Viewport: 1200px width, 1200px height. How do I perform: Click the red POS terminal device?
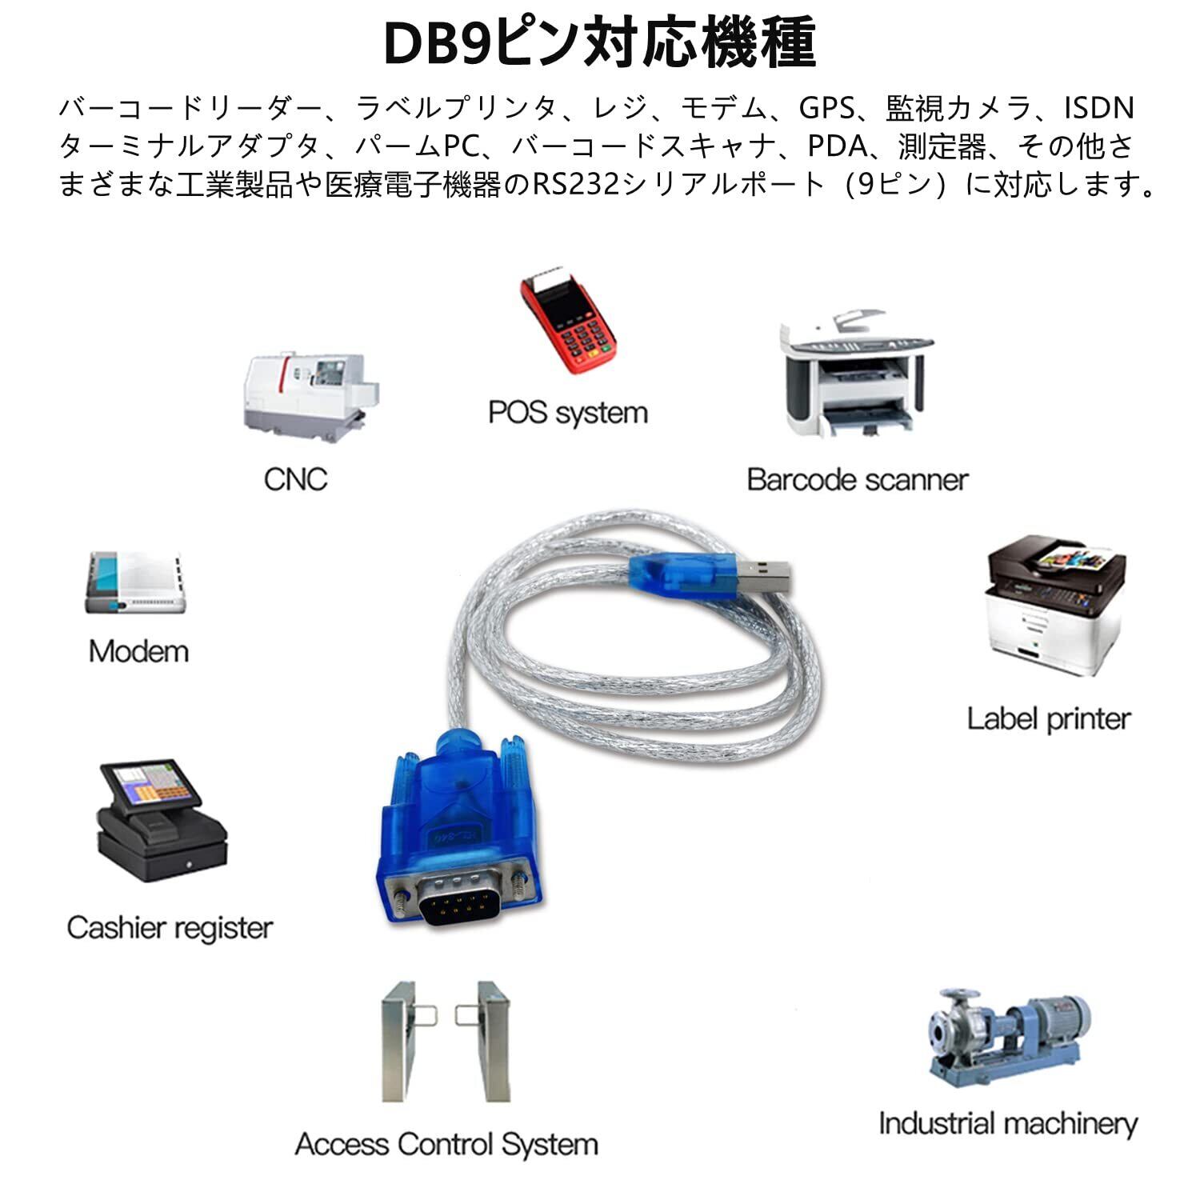pos(568,324)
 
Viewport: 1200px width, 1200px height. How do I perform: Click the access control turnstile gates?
pos(446,1040)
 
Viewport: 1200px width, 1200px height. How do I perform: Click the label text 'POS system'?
pos(568,413)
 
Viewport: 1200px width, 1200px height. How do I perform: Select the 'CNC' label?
pos(295,479)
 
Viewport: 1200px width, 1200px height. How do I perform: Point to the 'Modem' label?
pos(139,651)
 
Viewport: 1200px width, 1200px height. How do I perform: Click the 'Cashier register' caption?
pos(170,928)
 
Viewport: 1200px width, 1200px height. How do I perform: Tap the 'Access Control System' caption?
pos(446,1144)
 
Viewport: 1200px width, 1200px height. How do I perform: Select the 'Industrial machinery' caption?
pos(1008,1123)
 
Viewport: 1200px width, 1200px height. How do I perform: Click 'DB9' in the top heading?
pos(435,44)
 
